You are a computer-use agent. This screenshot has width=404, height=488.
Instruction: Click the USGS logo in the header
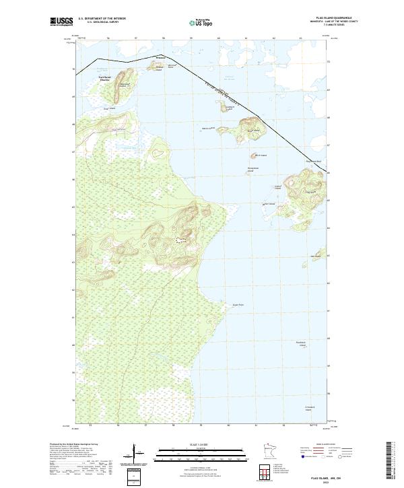click(61, 22)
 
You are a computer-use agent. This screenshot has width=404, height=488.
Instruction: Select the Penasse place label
click(160, 59)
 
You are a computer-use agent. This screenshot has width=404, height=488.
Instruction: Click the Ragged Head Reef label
click(315, 162)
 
